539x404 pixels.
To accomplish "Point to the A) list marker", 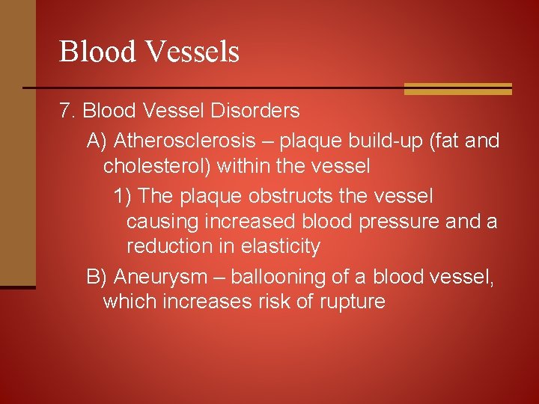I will pyautogui.click(x=98, y=141).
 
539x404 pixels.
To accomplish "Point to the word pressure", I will pyautogui.click(x=401, y=222).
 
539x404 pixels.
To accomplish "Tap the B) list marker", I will pyautogui.click(x=98, y=277).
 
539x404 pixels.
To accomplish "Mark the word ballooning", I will pyautogui.click(x=277, y=278).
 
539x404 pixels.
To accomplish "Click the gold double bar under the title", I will pyautogui.click(x=457, y=89).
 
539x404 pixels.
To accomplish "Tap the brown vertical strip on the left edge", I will pyautogui.click(x=17, y=142).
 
